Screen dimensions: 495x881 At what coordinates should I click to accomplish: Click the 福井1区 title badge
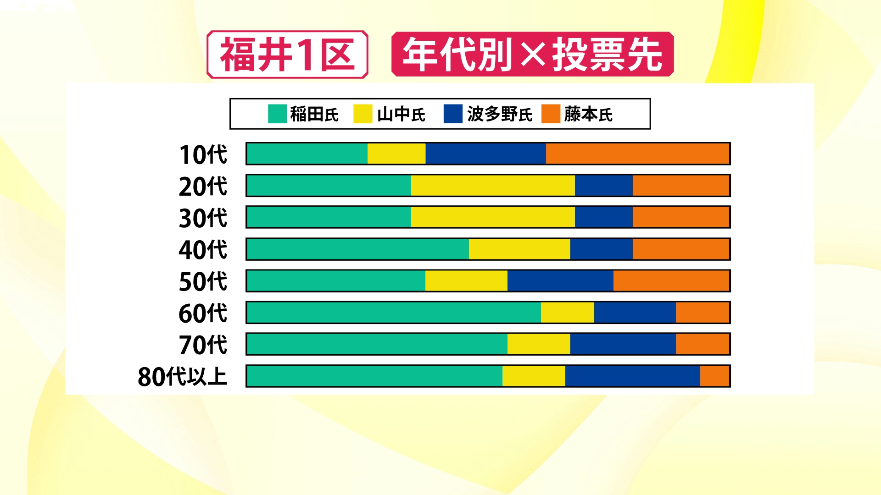coord(287,55)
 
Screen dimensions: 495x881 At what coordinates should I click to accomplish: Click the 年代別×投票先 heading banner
coord(532,54)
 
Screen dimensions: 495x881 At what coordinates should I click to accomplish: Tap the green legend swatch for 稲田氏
coord(277,114)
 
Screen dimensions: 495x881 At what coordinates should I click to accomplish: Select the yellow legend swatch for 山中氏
coord(362,114)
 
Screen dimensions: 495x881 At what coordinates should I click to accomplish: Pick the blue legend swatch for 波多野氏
coord(453,114)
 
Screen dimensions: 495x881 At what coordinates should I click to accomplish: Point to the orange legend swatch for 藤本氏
coord(551,114)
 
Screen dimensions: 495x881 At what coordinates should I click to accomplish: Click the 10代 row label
coord(203,154)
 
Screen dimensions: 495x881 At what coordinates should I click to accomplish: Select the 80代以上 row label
coord(182,377)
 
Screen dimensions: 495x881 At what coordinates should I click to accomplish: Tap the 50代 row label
coord(203,281)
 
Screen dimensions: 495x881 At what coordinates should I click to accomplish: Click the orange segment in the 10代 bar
coord(637,154)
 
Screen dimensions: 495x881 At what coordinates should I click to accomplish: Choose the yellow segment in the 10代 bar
coord(396,154)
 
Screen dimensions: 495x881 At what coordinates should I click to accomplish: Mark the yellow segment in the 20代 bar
coord(493,186)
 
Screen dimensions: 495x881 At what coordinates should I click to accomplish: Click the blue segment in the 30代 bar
coord(603,217)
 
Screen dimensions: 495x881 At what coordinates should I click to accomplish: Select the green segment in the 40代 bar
coord(358,249)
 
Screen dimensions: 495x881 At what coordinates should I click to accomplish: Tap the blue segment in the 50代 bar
coord(560,281)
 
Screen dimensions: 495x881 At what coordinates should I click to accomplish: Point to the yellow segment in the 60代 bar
coord(568,313)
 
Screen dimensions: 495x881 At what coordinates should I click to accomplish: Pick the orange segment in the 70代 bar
coord(702,344)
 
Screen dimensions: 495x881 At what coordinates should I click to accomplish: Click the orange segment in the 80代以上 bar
coord(714,376)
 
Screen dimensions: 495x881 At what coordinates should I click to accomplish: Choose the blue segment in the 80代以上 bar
coord(632,376)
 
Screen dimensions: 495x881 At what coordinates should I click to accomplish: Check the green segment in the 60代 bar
coord(394,313)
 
